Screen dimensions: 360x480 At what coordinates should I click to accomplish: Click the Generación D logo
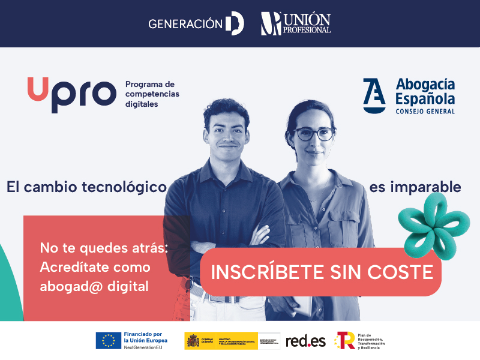pyautogui.click(x=196, y=24)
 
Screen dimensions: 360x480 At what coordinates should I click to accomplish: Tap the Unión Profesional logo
pyautogui.click(x=296, y=24)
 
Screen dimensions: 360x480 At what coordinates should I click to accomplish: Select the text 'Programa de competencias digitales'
pyautogui.click(x=152, y=94)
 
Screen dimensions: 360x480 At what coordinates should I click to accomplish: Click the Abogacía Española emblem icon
pyautogui.click(x=374, y=95)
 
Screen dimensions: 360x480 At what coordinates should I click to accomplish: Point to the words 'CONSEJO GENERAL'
pyautogui.click(x=425, y=111)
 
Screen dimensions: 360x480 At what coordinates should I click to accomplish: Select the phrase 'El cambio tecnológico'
pyautogui.click(x=86, y=187)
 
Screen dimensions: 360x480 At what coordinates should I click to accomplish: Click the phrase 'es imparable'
pyautogui.click(x=415, y=187)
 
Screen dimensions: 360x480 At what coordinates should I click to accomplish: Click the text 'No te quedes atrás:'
pyautogui.click(x=104, y=247)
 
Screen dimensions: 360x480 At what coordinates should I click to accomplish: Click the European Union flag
pyautogui.click(x=108, y=341)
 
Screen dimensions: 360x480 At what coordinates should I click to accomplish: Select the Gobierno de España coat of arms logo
pyautogui.click(x=193, y=341)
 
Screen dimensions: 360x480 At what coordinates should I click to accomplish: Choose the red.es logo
pyautogui.click(x=305, y=341)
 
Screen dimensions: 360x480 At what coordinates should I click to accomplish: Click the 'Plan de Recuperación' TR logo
pyautogui.click(x=346, y=341)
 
